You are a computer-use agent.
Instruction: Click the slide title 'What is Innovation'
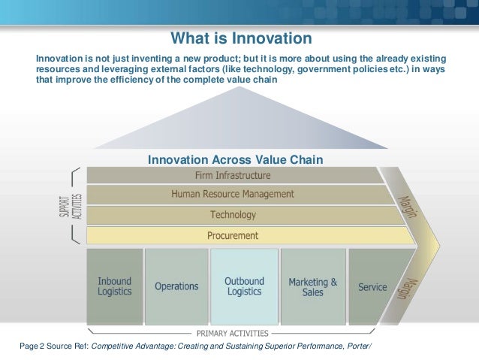(x=240, y=38)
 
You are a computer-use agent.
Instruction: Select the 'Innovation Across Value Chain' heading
(x=236, y=159)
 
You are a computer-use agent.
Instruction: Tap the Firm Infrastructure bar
(x=232, y=175)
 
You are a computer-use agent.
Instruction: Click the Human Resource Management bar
(x=232, y=194)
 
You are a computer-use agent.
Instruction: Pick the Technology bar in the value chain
(x=233, y=215)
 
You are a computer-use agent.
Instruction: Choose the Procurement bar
(x=233, y=235)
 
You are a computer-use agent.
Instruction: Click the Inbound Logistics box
(x=114, y=286)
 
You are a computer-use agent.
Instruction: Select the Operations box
(x=176, y=286)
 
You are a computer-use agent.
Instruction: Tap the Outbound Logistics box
(x=244, y=286)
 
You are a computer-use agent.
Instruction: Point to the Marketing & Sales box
(x=312, y=286)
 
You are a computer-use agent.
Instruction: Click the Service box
(x=372, y=286)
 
